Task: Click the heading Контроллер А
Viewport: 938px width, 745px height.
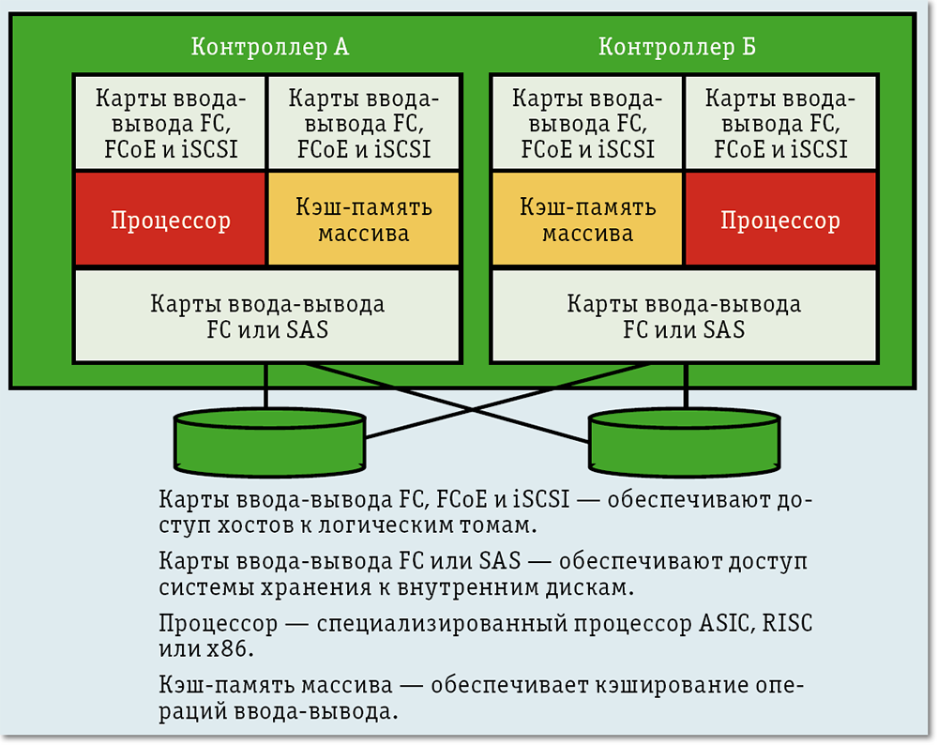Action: click(x=269, y=47)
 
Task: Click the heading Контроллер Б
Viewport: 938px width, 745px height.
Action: click(x=676, y=47)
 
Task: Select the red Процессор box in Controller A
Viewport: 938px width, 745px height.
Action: click(x=171, y=220)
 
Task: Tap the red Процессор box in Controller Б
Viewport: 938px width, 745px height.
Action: click(x=779, y=220)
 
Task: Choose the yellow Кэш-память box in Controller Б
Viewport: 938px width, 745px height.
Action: click(x=587, y=220)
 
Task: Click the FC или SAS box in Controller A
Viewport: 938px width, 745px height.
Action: click(x=267, y=316)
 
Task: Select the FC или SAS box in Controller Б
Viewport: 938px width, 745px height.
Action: click(x=684, y=316)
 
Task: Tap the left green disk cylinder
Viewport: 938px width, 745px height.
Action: click(x=268, y=441)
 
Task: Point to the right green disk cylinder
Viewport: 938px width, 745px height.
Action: click(x=684, y=441)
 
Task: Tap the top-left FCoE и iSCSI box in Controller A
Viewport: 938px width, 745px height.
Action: click(x=171, y=124)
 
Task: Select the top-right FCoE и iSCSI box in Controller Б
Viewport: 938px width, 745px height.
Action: click(x=779, y=124)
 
